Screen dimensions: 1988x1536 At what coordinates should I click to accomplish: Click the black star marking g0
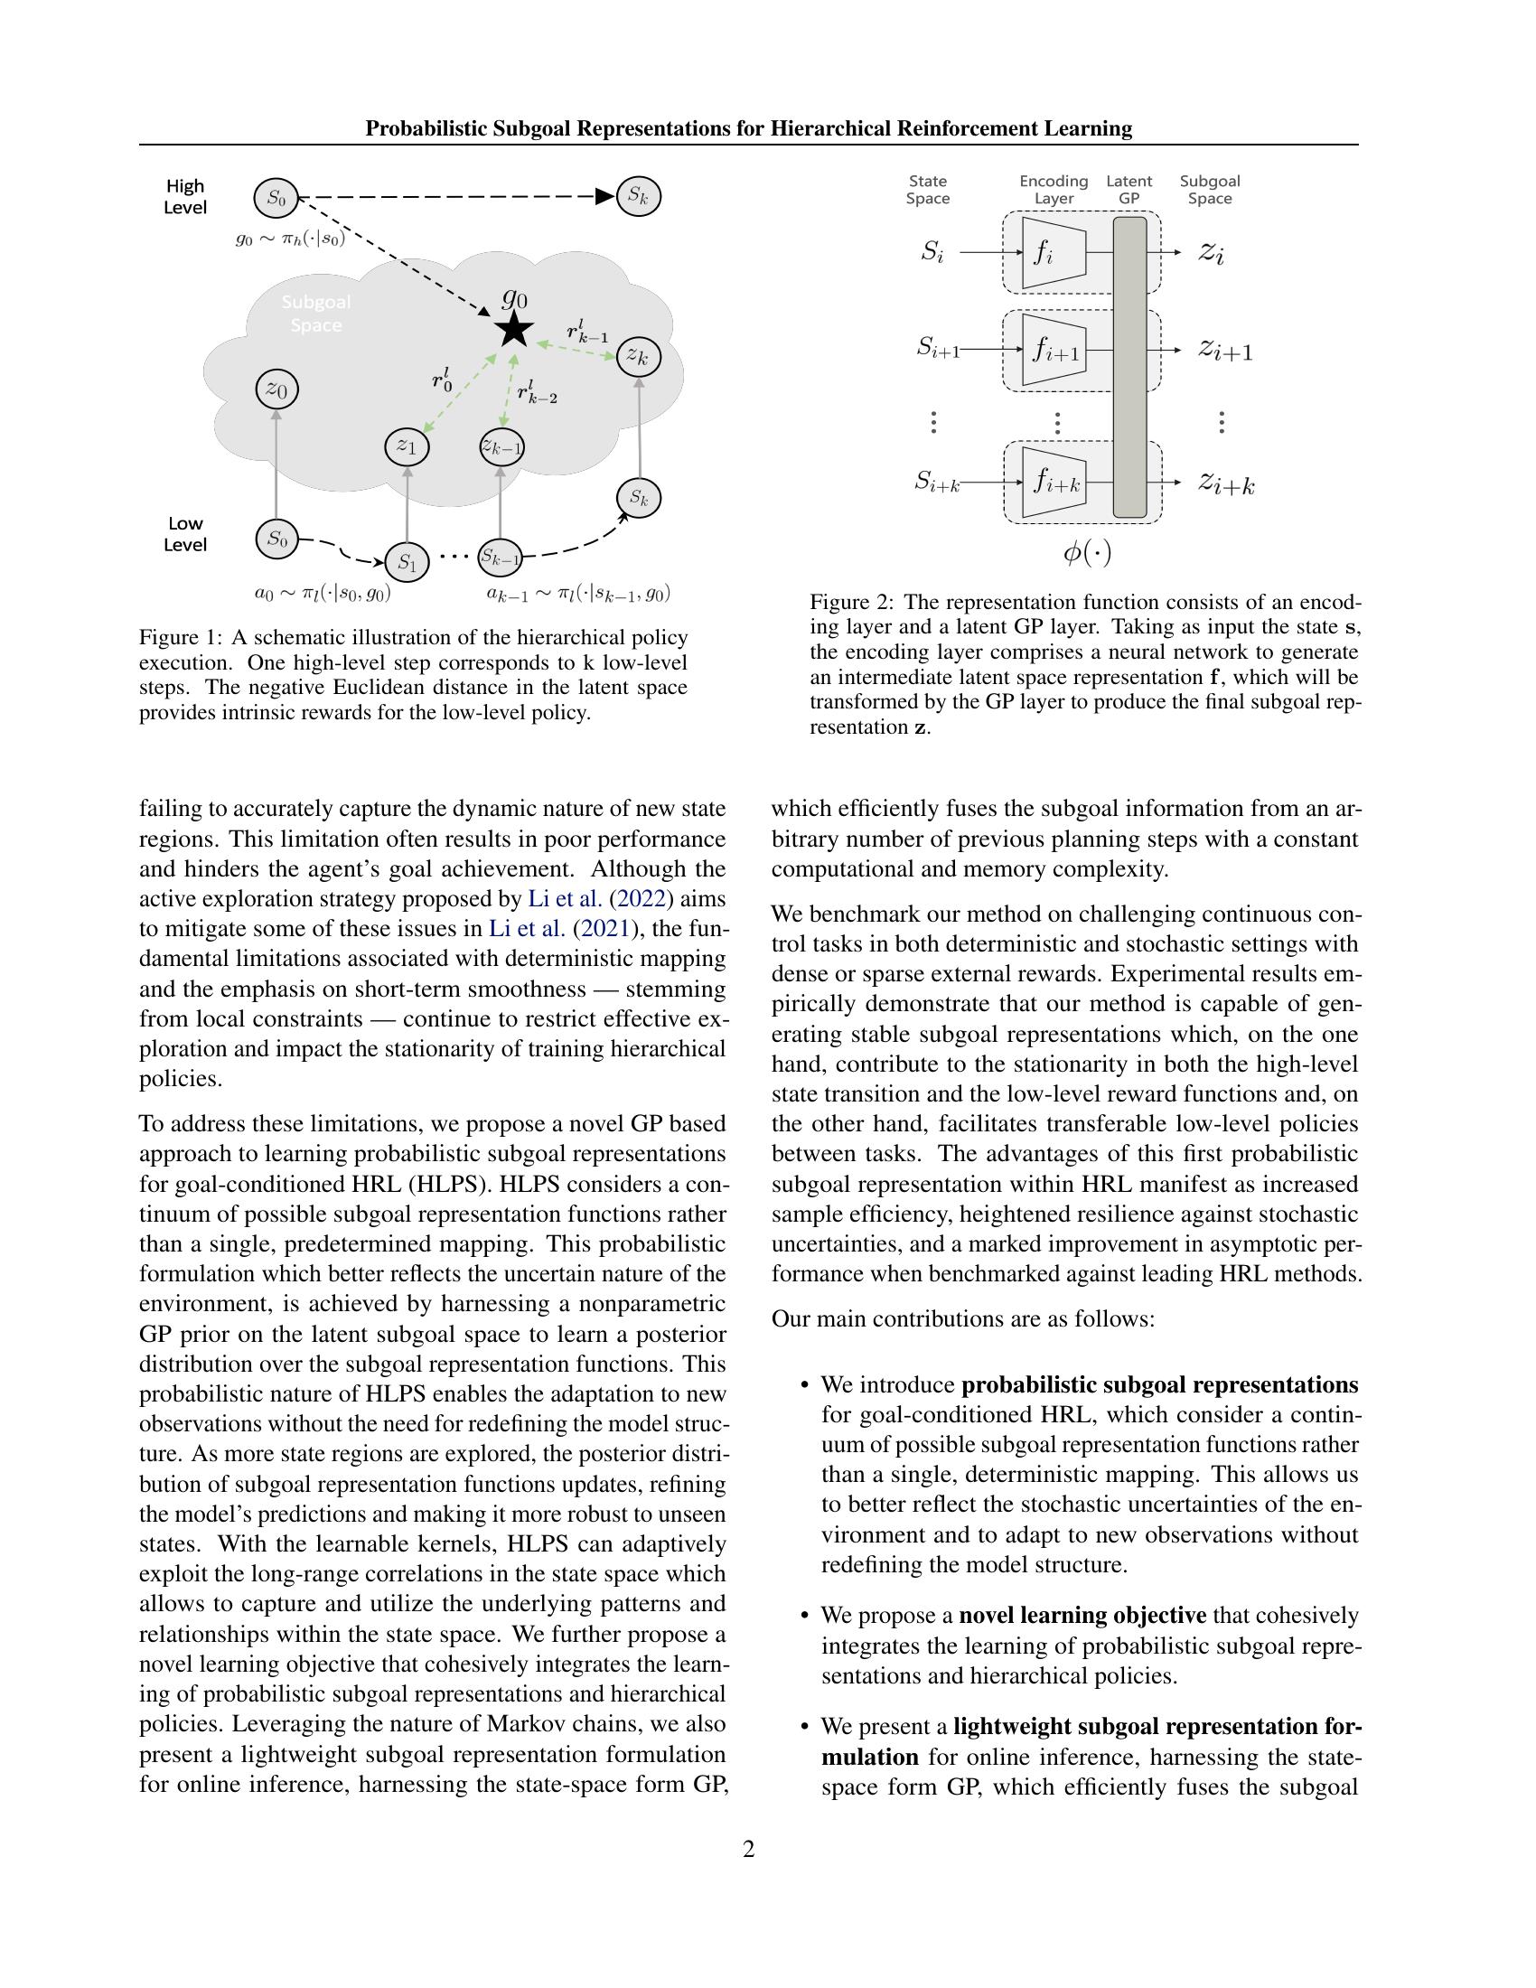514,330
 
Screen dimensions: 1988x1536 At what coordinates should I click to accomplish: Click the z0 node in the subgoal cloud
276,389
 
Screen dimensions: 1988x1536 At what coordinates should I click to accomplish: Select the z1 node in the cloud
406,446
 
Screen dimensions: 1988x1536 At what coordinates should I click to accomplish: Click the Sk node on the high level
638,196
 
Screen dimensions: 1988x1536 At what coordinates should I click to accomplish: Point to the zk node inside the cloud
638,357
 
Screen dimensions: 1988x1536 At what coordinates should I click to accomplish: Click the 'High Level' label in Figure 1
184,197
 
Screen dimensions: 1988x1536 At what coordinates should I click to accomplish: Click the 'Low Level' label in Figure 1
184,534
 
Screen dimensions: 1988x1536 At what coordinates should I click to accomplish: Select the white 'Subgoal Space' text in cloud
315,314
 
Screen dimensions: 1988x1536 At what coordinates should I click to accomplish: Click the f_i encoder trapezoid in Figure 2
1053,253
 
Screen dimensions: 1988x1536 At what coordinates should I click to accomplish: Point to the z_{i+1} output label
1225,350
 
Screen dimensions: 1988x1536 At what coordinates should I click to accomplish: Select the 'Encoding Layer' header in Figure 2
1054,190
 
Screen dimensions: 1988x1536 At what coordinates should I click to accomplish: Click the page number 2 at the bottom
748,1849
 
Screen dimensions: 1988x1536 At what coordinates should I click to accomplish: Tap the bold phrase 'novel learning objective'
1082,1616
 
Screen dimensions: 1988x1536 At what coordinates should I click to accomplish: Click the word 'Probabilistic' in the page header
426,128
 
